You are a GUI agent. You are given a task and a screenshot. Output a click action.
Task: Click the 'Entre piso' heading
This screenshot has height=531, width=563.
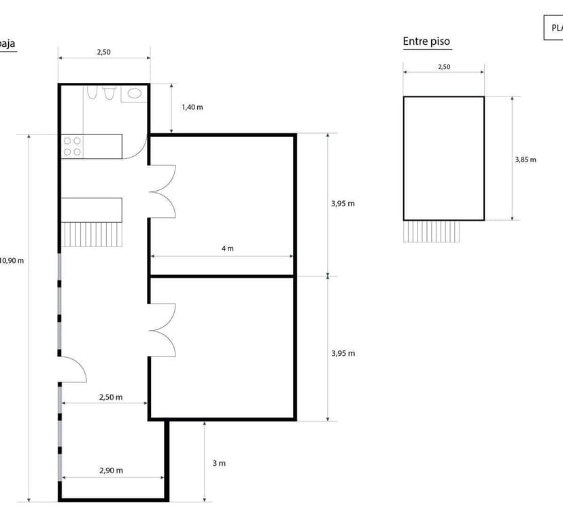[x=426, y=41]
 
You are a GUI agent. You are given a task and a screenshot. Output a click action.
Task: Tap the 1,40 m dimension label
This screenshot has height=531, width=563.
[x=192, y=107]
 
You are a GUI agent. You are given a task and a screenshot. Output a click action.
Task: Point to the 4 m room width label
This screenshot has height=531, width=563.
[x=227, y=249]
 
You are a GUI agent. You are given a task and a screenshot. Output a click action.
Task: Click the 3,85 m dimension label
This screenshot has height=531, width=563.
[x=525, y=160]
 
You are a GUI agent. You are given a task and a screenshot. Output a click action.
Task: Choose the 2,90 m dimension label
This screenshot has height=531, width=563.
[x=111, y=470]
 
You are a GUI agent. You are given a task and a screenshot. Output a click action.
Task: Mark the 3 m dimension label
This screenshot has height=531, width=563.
[x=218, y=463]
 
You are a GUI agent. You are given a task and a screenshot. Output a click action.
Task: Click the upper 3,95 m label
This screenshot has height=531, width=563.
[x=343, y=203]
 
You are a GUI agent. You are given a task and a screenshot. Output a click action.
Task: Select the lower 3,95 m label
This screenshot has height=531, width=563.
[x=343, y=353]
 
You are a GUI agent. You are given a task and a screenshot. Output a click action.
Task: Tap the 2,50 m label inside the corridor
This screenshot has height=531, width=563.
[x=111, y=397]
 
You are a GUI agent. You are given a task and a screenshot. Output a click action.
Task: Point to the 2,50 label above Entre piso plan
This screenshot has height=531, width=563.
[x=443, y=67]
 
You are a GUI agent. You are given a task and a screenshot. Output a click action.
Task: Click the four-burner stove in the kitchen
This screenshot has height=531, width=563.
[x=73, y=146]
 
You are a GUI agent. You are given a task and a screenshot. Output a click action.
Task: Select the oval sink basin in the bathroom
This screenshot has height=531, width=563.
[x=135, y=94]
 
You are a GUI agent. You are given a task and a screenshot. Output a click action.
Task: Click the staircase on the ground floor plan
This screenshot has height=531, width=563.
[x=93, y=235]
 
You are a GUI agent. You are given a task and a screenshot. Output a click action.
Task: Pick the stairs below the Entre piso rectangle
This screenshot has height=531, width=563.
[x=432, y=232]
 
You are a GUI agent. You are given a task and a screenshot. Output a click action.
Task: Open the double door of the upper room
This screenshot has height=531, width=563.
[x=163, y=192]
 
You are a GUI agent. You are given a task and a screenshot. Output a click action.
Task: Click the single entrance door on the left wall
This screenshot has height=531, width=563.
[x=73, y=370]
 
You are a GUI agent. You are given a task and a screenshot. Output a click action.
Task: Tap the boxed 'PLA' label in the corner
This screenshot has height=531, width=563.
[x=555, y=28]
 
